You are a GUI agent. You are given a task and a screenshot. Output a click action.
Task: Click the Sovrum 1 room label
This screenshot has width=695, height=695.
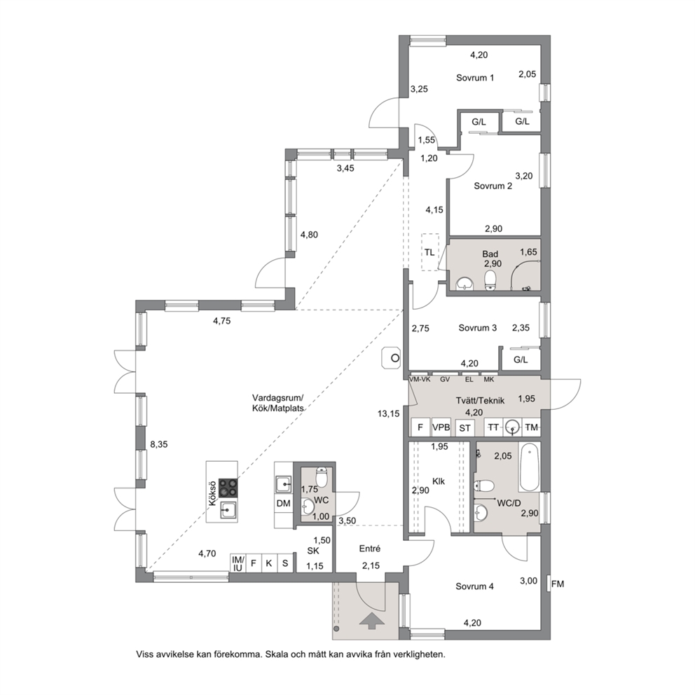[x=475, y=78]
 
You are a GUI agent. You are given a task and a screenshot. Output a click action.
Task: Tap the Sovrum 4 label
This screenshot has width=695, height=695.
[x=474, y=586]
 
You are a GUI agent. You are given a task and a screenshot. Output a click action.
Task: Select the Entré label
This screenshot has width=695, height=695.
[x=370, y=549]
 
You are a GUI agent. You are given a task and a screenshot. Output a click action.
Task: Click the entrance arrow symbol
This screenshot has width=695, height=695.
[x=371, y=621]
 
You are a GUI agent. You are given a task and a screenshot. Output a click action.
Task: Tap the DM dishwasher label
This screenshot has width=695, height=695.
[x=283, y=503]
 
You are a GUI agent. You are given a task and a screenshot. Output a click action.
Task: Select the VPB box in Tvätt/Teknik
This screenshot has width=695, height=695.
[x=441, y=427]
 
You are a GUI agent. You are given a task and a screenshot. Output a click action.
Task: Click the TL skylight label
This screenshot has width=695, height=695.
[x=429, y=253]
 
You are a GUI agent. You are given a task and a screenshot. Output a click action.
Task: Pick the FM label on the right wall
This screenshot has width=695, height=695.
[x=558, y=584]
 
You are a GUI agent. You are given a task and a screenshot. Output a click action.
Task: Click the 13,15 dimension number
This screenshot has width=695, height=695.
[x=388, y=413]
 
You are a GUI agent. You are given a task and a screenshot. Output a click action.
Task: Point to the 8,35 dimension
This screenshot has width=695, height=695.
[x=158, y=444]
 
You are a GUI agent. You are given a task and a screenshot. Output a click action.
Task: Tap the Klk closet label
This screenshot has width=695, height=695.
[x=439, y=481]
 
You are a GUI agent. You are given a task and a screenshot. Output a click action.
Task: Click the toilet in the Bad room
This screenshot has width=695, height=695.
[x=490, y=280]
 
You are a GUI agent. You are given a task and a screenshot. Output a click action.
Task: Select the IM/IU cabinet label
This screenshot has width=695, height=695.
[x=238, y=563]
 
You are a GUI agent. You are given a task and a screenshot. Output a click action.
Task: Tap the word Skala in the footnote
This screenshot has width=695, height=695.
[x=276, y=654]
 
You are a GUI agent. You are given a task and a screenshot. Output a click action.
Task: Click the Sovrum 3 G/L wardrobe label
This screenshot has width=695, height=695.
[x=521, y=360]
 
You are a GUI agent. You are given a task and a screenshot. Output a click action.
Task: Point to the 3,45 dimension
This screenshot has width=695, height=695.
[x=345, y=168]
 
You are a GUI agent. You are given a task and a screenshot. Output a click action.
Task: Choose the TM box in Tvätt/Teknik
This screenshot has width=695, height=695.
[x=532, y=427]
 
